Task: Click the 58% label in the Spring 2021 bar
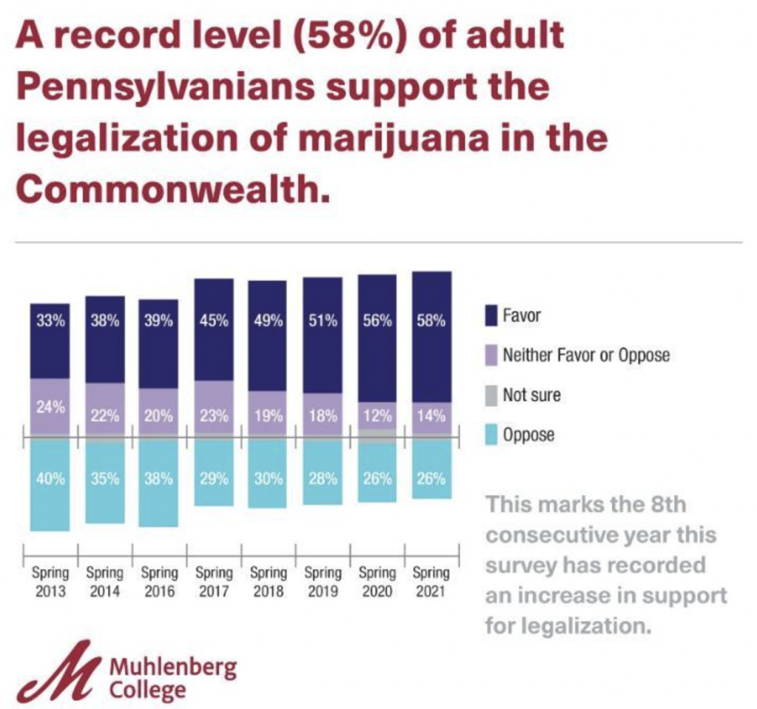pyautogui.click(x=431, y=322)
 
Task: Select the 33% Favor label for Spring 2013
pyautogui.click(x=50, y=322)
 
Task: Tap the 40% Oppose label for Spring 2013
pyautogui.click(x=50, y=478)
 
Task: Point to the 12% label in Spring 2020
pyautogui.click(x=377, y=415)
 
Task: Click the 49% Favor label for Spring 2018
pyautogui.click(x=268, y=322)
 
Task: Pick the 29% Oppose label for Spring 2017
pyautogui.click(x=214, y=478)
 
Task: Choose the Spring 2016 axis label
pyautogui.click(x=159, y=582)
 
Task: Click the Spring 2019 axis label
pyautogui.click(x=322, y=582)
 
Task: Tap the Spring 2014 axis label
pyautogui.click(x=105, y=582)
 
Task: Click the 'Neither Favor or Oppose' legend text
pyautogui.click(x=585, y=356)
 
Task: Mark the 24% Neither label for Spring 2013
pyautogui.click(x=50, y=407)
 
